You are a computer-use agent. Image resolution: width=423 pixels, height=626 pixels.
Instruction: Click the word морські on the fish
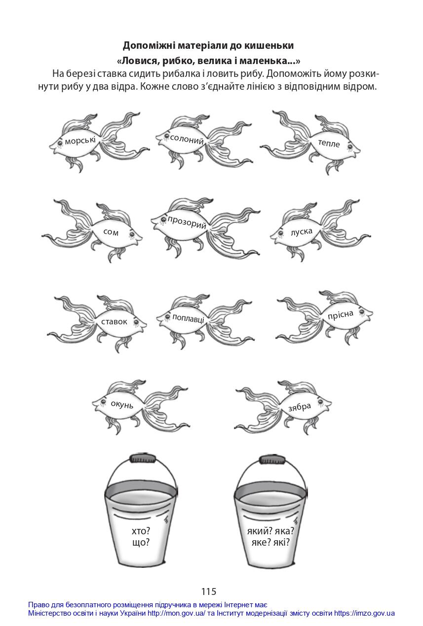(80, 141)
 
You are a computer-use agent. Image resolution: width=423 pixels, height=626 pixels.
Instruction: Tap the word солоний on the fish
(187, 139)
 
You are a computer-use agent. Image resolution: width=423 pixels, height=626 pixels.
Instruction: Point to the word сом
(111, 232)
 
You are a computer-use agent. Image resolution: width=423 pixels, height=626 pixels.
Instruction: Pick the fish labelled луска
(320, 230)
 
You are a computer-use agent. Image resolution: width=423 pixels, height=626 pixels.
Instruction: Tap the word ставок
(114, 322)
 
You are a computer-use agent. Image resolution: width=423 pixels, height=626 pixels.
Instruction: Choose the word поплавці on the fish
(188, 318)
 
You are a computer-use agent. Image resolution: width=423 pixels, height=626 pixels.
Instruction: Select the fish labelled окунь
(141, 406)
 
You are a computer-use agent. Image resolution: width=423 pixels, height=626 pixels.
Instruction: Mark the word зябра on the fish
(300, 407)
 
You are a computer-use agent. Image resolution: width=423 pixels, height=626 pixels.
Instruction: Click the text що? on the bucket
(141, 542)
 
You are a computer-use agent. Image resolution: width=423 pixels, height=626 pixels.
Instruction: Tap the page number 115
(209, 591)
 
